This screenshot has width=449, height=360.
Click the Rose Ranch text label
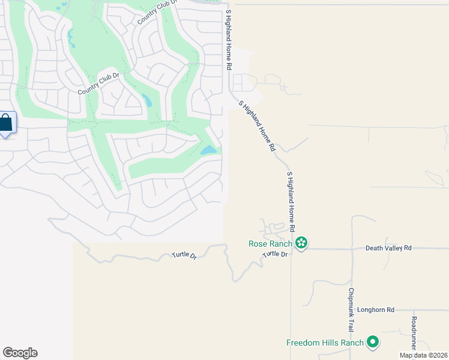click(270, 244)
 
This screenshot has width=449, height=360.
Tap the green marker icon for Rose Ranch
click(301, 243)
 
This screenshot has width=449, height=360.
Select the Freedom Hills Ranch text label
click(325, 343)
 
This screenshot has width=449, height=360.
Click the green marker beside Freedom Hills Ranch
click(373, 342)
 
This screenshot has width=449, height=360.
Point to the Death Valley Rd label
click(388, 248)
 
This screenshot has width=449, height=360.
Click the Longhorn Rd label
click(375, 310)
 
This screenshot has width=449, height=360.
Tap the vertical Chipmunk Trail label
click(351, 310)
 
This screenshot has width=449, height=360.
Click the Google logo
click(20, 353)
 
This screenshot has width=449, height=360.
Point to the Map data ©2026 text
click(424, 355)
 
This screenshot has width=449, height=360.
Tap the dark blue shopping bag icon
click(5, 124)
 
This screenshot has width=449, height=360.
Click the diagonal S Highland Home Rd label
click(257, 126)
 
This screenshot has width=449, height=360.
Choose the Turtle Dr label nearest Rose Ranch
click(276, 254)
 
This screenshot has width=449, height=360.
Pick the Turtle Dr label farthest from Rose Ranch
click(184, 255)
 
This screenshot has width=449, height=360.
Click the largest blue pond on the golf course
click(209, 150)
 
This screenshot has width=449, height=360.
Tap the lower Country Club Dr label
click(99, 83)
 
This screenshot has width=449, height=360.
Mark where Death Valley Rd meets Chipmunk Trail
click(352, 248)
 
